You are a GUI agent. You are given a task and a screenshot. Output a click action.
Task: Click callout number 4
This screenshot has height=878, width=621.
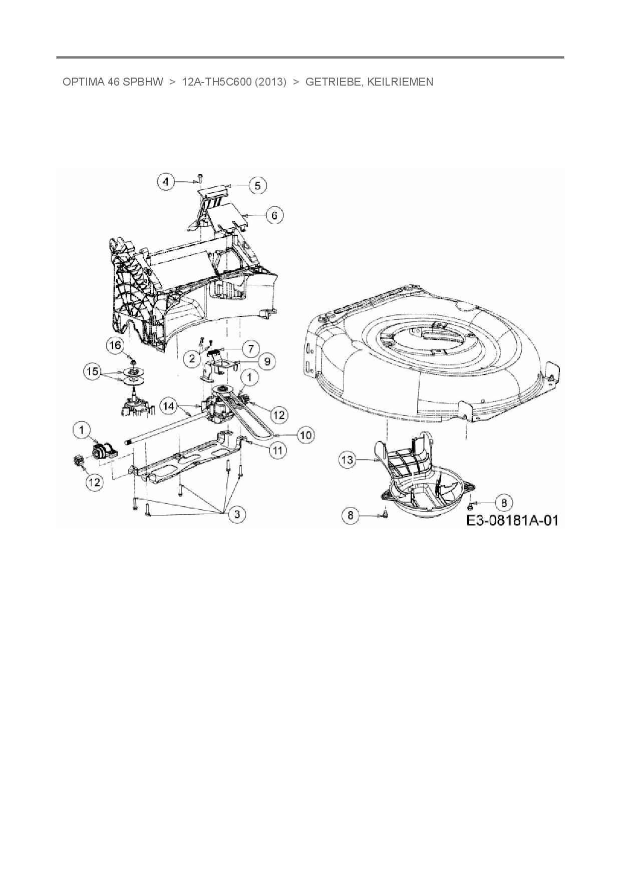coord(167,181)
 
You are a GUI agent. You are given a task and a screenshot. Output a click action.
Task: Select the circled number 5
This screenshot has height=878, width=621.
coord(257,186)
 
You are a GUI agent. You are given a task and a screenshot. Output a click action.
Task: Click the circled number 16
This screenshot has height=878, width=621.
coord(115,345)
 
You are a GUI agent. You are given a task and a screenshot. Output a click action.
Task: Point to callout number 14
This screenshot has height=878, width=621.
coord(169,406)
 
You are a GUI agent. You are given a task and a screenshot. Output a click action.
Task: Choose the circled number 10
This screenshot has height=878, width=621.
coord(305,435)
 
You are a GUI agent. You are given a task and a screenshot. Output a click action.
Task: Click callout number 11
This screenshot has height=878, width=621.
coord(277,450)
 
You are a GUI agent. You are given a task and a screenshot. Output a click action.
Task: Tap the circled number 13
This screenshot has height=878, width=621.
coord(348,460)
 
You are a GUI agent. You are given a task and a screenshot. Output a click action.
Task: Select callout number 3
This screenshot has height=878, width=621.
coord(237,514)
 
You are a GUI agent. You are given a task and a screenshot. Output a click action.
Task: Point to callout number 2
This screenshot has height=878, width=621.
coord(192,358)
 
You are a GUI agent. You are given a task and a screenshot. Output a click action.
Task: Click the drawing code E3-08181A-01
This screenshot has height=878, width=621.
coord(512,520)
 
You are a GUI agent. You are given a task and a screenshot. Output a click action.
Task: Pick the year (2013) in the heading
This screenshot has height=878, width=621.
coord(270,82)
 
